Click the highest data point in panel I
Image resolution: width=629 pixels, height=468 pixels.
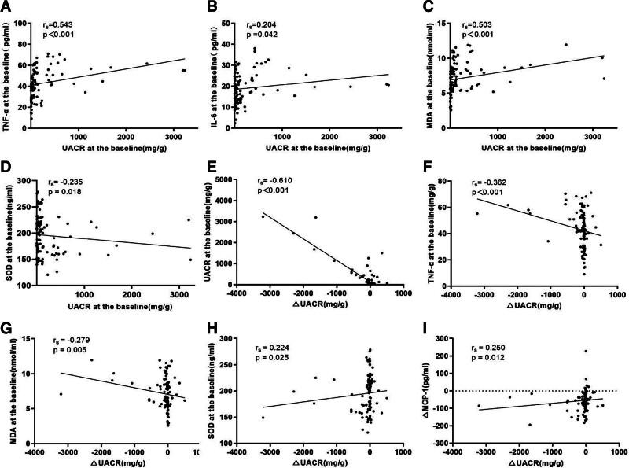[586, 351]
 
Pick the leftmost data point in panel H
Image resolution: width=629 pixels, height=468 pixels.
[263, 418]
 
